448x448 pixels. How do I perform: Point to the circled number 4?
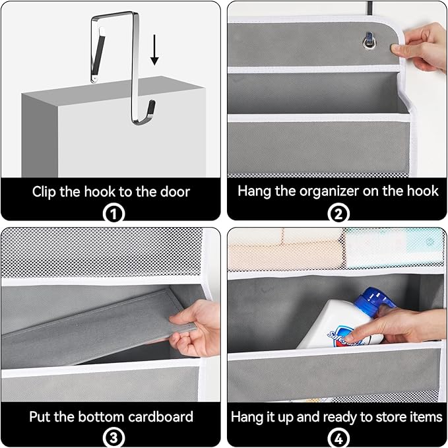(x=336, y=437)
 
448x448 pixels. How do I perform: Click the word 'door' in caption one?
(x=174, y=192)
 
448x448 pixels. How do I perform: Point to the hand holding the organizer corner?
(x=422, y=46)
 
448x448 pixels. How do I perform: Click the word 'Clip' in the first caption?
(x=46, y=192)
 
